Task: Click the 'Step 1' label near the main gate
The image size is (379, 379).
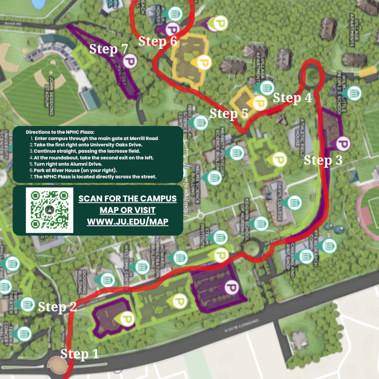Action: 80,354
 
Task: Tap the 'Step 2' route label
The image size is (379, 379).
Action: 57,307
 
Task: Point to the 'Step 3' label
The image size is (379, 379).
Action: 323,160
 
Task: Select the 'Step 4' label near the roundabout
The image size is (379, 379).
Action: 292,98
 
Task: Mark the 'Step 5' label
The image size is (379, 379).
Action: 229,114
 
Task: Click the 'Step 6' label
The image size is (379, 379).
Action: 157,41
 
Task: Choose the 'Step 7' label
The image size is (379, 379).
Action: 108,49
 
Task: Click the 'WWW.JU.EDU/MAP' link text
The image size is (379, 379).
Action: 128,221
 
